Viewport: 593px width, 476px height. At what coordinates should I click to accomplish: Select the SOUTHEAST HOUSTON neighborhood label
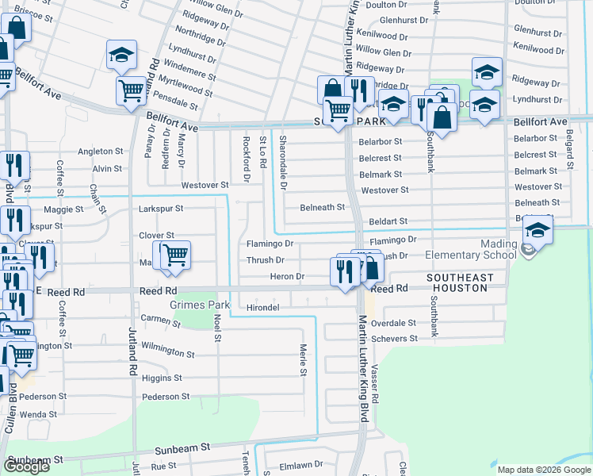click(x=471, y=283)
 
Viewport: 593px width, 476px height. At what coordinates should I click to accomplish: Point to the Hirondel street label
click(x=264, y=306)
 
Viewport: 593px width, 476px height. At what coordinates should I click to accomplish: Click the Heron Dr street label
click(x=287, y=276)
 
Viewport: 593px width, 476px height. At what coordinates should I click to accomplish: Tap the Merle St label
click(x=303, y=359)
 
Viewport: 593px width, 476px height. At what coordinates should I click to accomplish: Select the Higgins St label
click(x=162, y=378)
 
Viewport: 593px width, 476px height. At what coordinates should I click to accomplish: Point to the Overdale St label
click(x=394, y=324)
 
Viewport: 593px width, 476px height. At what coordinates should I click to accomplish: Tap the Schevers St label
click(x=394, y=339)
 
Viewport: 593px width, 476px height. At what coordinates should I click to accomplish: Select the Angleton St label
click(x=100, y=151)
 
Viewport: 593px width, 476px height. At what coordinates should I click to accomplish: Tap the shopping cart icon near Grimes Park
click(x=175, y=255)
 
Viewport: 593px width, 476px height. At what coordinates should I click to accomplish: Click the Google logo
click(x=26, y=466)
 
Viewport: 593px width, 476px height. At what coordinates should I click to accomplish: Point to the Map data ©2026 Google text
click(x=543, y=470)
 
